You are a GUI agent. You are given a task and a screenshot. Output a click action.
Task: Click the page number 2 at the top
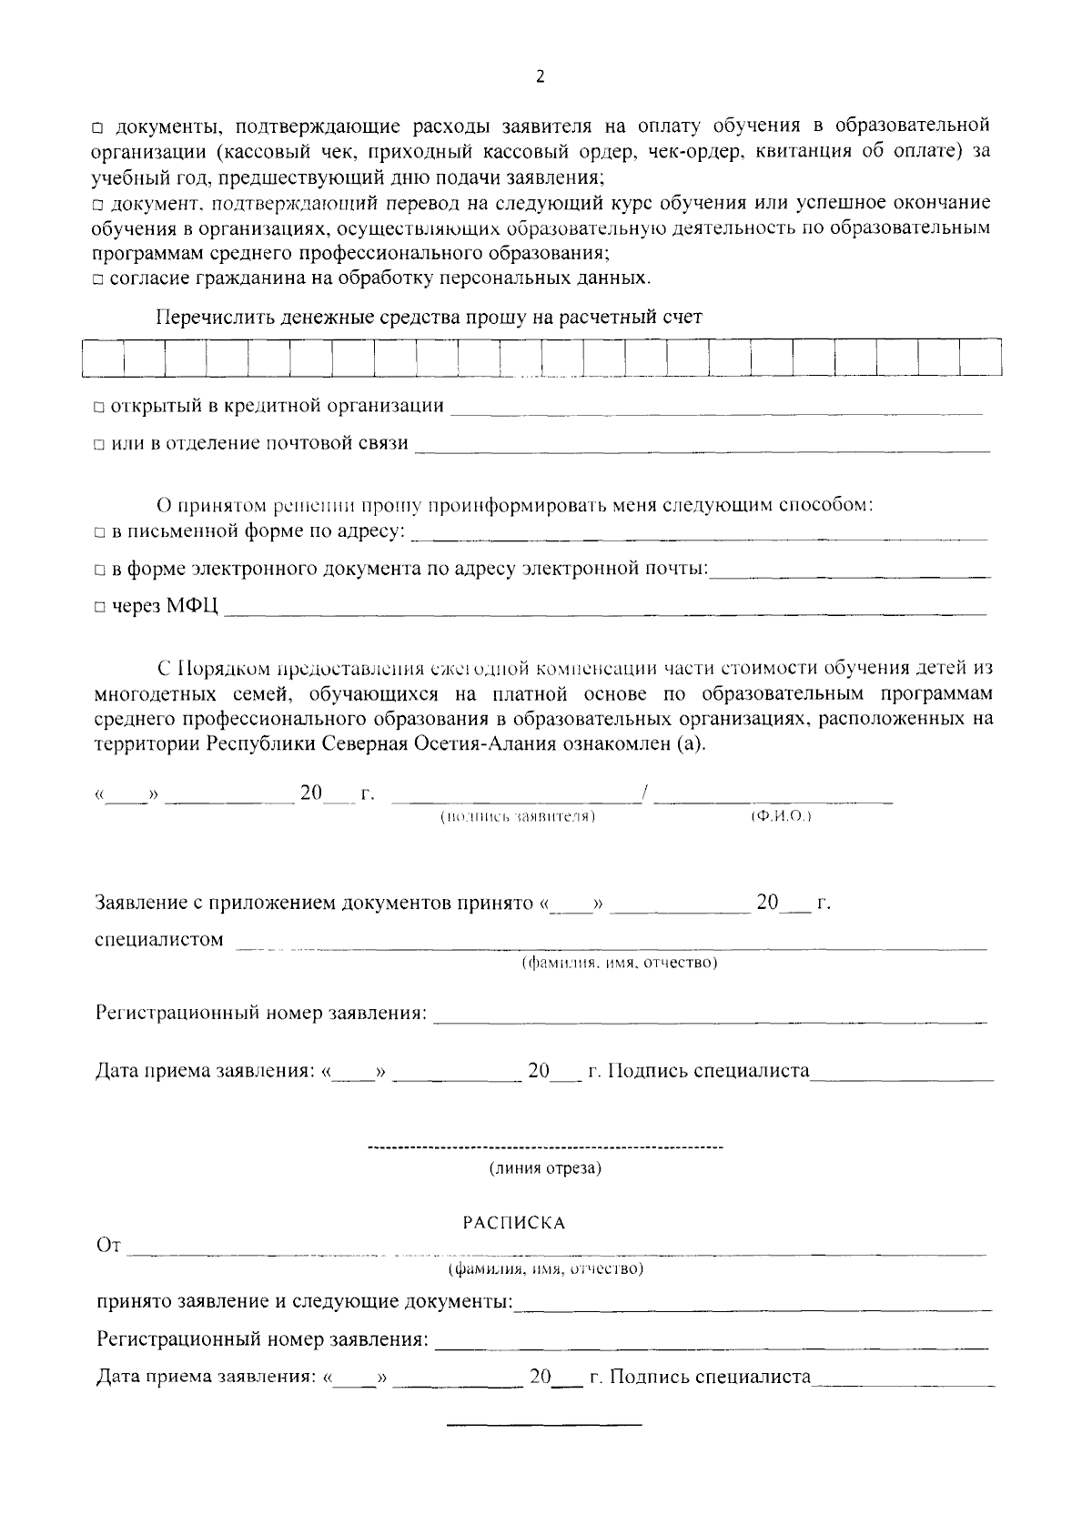pos(540,77)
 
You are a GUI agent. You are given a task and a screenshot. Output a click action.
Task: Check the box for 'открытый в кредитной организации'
pos(99,407)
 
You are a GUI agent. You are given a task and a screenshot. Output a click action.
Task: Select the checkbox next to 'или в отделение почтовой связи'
pos(99,445)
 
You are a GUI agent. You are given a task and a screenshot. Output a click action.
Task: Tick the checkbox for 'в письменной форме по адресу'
pos(99,532)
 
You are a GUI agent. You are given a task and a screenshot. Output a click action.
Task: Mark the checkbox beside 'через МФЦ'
pos(99,608)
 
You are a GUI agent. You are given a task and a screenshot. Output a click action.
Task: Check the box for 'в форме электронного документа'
pos(99,571)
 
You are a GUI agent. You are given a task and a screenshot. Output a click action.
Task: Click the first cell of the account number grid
pos(103,358)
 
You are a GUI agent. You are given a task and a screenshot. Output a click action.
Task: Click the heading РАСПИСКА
pos(514,1223)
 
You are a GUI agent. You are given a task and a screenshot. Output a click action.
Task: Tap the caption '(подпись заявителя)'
pos(518,817)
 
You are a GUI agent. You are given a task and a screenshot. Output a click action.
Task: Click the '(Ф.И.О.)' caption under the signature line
pos(781,817)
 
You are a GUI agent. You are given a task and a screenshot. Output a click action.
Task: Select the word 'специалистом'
pos(158,940)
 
